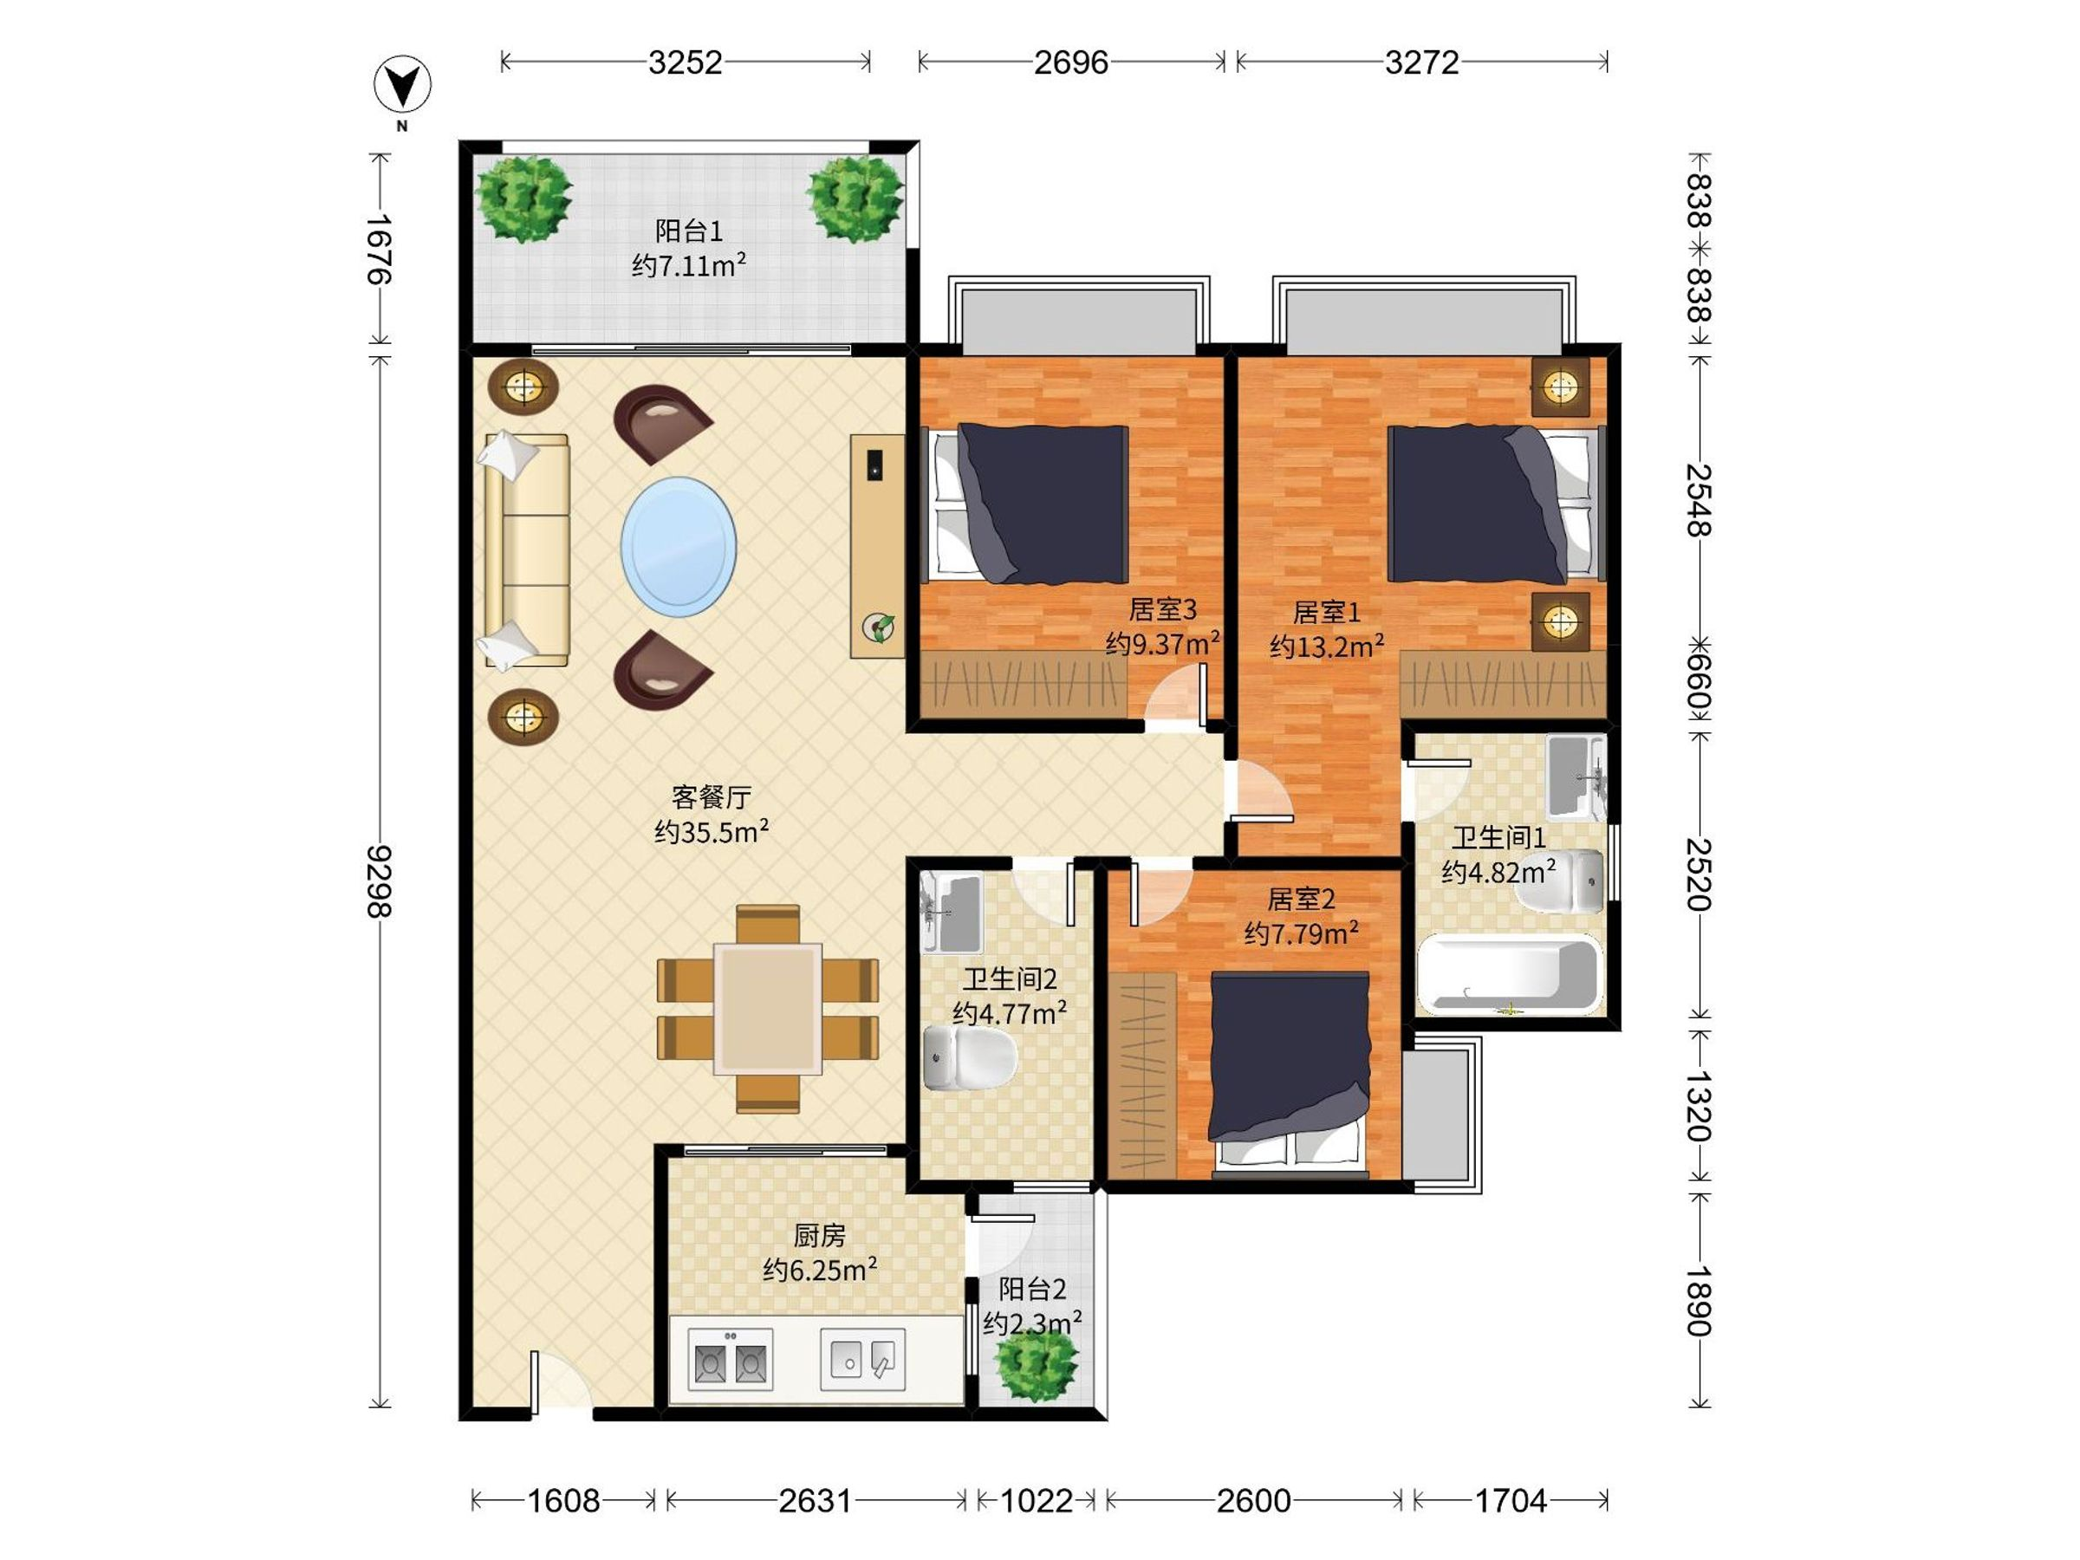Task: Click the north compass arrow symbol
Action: click(402, 86)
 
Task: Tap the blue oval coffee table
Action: click(678, 546)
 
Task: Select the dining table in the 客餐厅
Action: click(767, 1008)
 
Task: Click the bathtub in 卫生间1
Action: click(1508, 974)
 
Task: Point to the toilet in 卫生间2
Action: click(970, 1058)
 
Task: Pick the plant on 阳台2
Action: click(1037, 1365)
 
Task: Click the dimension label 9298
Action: click(380, 881)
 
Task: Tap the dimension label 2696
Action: click(1071, 63)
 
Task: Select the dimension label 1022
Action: click(1037, 1501)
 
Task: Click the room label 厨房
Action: click(819, 1235)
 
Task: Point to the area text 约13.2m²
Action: click(1327, 646)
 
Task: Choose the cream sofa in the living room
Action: click(527, 551)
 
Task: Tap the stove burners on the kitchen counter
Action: click(731, 1360)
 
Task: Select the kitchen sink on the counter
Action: click(862, 1359)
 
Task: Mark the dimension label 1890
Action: click(1698, 1302)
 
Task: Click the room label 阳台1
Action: click(688, 231)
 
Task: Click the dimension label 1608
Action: click(563, 1501)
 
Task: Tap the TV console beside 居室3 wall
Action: click(877, 545)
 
